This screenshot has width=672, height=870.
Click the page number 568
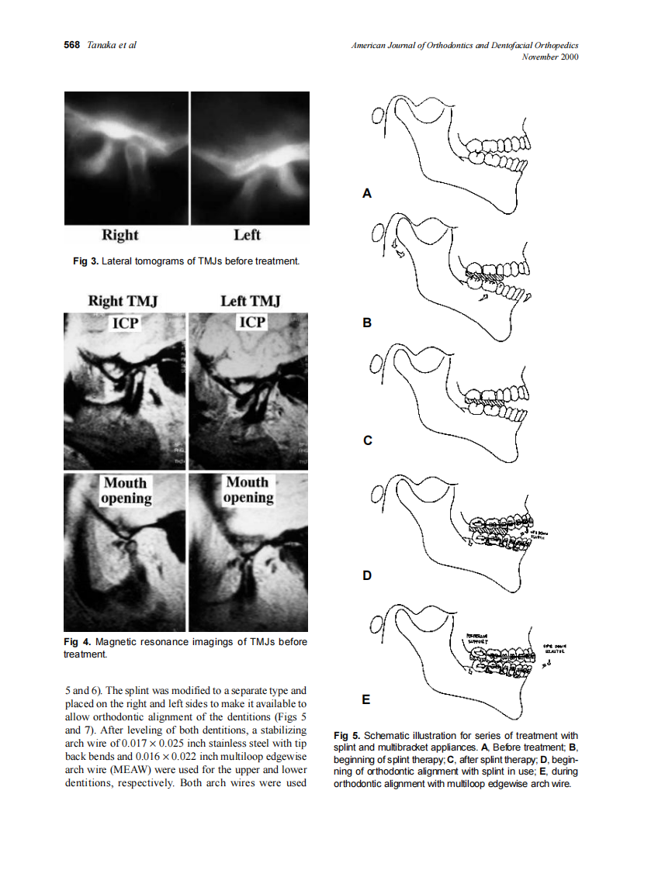click(71, 46)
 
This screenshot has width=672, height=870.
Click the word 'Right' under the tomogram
click(120, 235)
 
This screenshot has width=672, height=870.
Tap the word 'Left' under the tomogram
click(247, 235)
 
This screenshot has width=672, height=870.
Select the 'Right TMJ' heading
click(122, 301)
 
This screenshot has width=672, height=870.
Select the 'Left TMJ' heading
click(250, 301)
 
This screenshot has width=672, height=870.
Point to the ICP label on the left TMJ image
click(251, 322)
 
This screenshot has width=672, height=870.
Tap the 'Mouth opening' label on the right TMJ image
click(125, 490)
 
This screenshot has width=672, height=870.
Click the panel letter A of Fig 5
click(367, 194)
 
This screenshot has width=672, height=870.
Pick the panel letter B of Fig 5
click(367, 322)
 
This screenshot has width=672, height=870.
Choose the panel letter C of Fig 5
click(367, 440)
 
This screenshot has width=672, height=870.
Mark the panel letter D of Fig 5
click(367, 576)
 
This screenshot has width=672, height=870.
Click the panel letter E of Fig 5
click(367, 699)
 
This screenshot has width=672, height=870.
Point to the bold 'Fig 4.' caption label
click(77, 642)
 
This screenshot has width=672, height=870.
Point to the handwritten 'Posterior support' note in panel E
click(478, 639)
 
